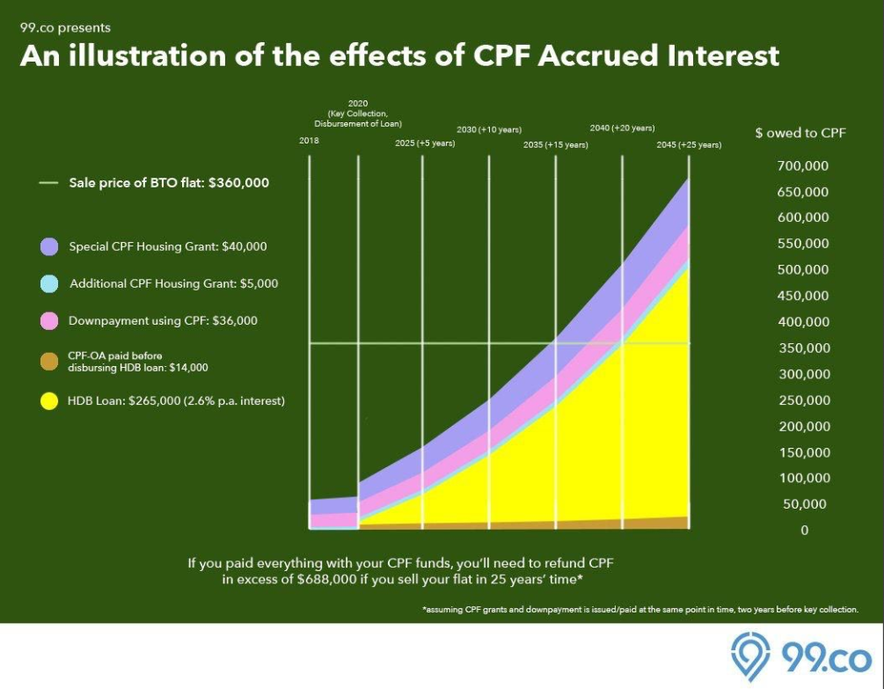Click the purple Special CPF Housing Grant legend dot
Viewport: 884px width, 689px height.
(49, 247)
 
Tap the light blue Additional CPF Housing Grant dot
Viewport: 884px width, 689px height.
(49, 284)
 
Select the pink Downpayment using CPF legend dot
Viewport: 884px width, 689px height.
(49, 321)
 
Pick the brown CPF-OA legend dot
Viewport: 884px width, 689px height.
(49, 361)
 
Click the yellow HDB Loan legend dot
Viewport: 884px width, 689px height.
(49, 401)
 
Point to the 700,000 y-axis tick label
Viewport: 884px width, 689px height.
(804, 166)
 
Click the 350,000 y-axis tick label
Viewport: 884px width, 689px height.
(804, 348)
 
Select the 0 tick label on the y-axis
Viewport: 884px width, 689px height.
(804, 531)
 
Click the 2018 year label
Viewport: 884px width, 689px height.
(309, 141)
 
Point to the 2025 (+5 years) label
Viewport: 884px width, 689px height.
(425, 143)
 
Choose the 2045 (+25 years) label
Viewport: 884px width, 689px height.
(689, 144)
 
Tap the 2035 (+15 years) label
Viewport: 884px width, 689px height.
(555, 144)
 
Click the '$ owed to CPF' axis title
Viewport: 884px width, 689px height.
(800, 133)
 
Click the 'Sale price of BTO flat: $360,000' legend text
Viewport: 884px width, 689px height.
(169, 184)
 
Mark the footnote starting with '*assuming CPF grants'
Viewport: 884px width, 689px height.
(640, 609)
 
